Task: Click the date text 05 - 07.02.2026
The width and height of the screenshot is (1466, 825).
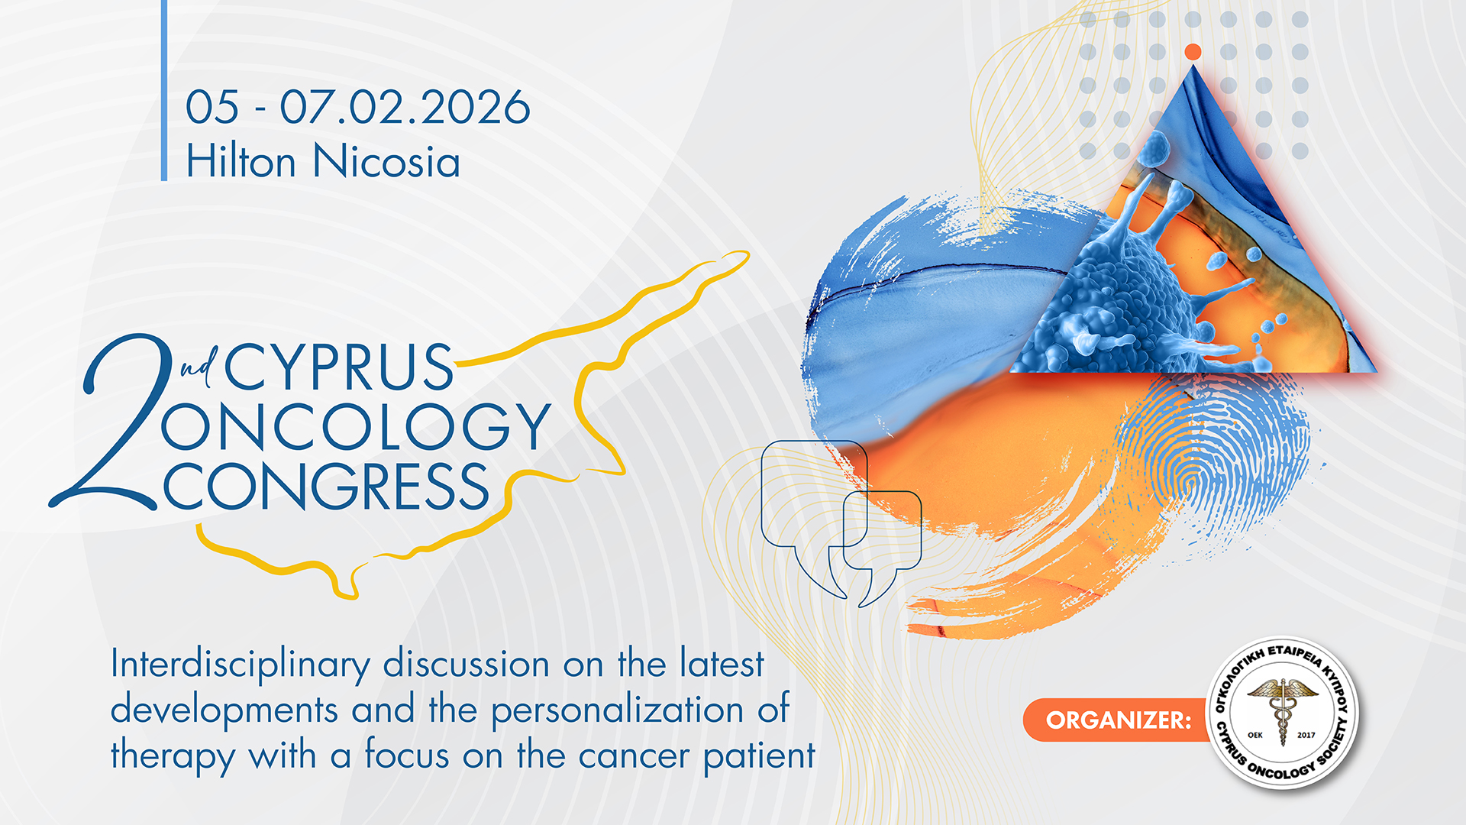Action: pos(357,108)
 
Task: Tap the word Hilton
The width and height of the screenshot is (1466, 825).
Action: pos(241,162)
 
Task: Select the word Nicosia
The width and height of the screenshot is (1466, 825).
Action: pos(386,162)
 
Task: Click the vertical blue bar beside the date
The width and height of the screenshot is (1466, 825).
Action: pos(164,90)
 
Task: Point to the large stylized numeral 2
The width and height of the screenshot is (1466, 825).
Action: pos(115,428)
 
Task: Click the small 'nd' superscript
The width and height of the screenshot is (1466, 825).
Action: pos(199,364)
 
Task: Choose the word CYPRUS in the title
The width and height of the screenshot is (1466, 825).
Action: pos(339,367)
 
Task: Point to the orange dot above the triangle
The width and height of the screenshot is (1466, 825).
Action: pos(1193,52)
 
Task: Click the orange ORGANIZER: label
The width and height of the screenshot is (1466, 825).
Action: pos(1118,720)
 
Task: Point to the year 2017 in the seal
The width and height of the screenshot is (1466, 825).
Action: pos(1306,735)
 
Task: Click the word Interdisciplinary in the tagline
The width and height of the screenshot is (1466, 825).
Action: pos(240,665)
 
